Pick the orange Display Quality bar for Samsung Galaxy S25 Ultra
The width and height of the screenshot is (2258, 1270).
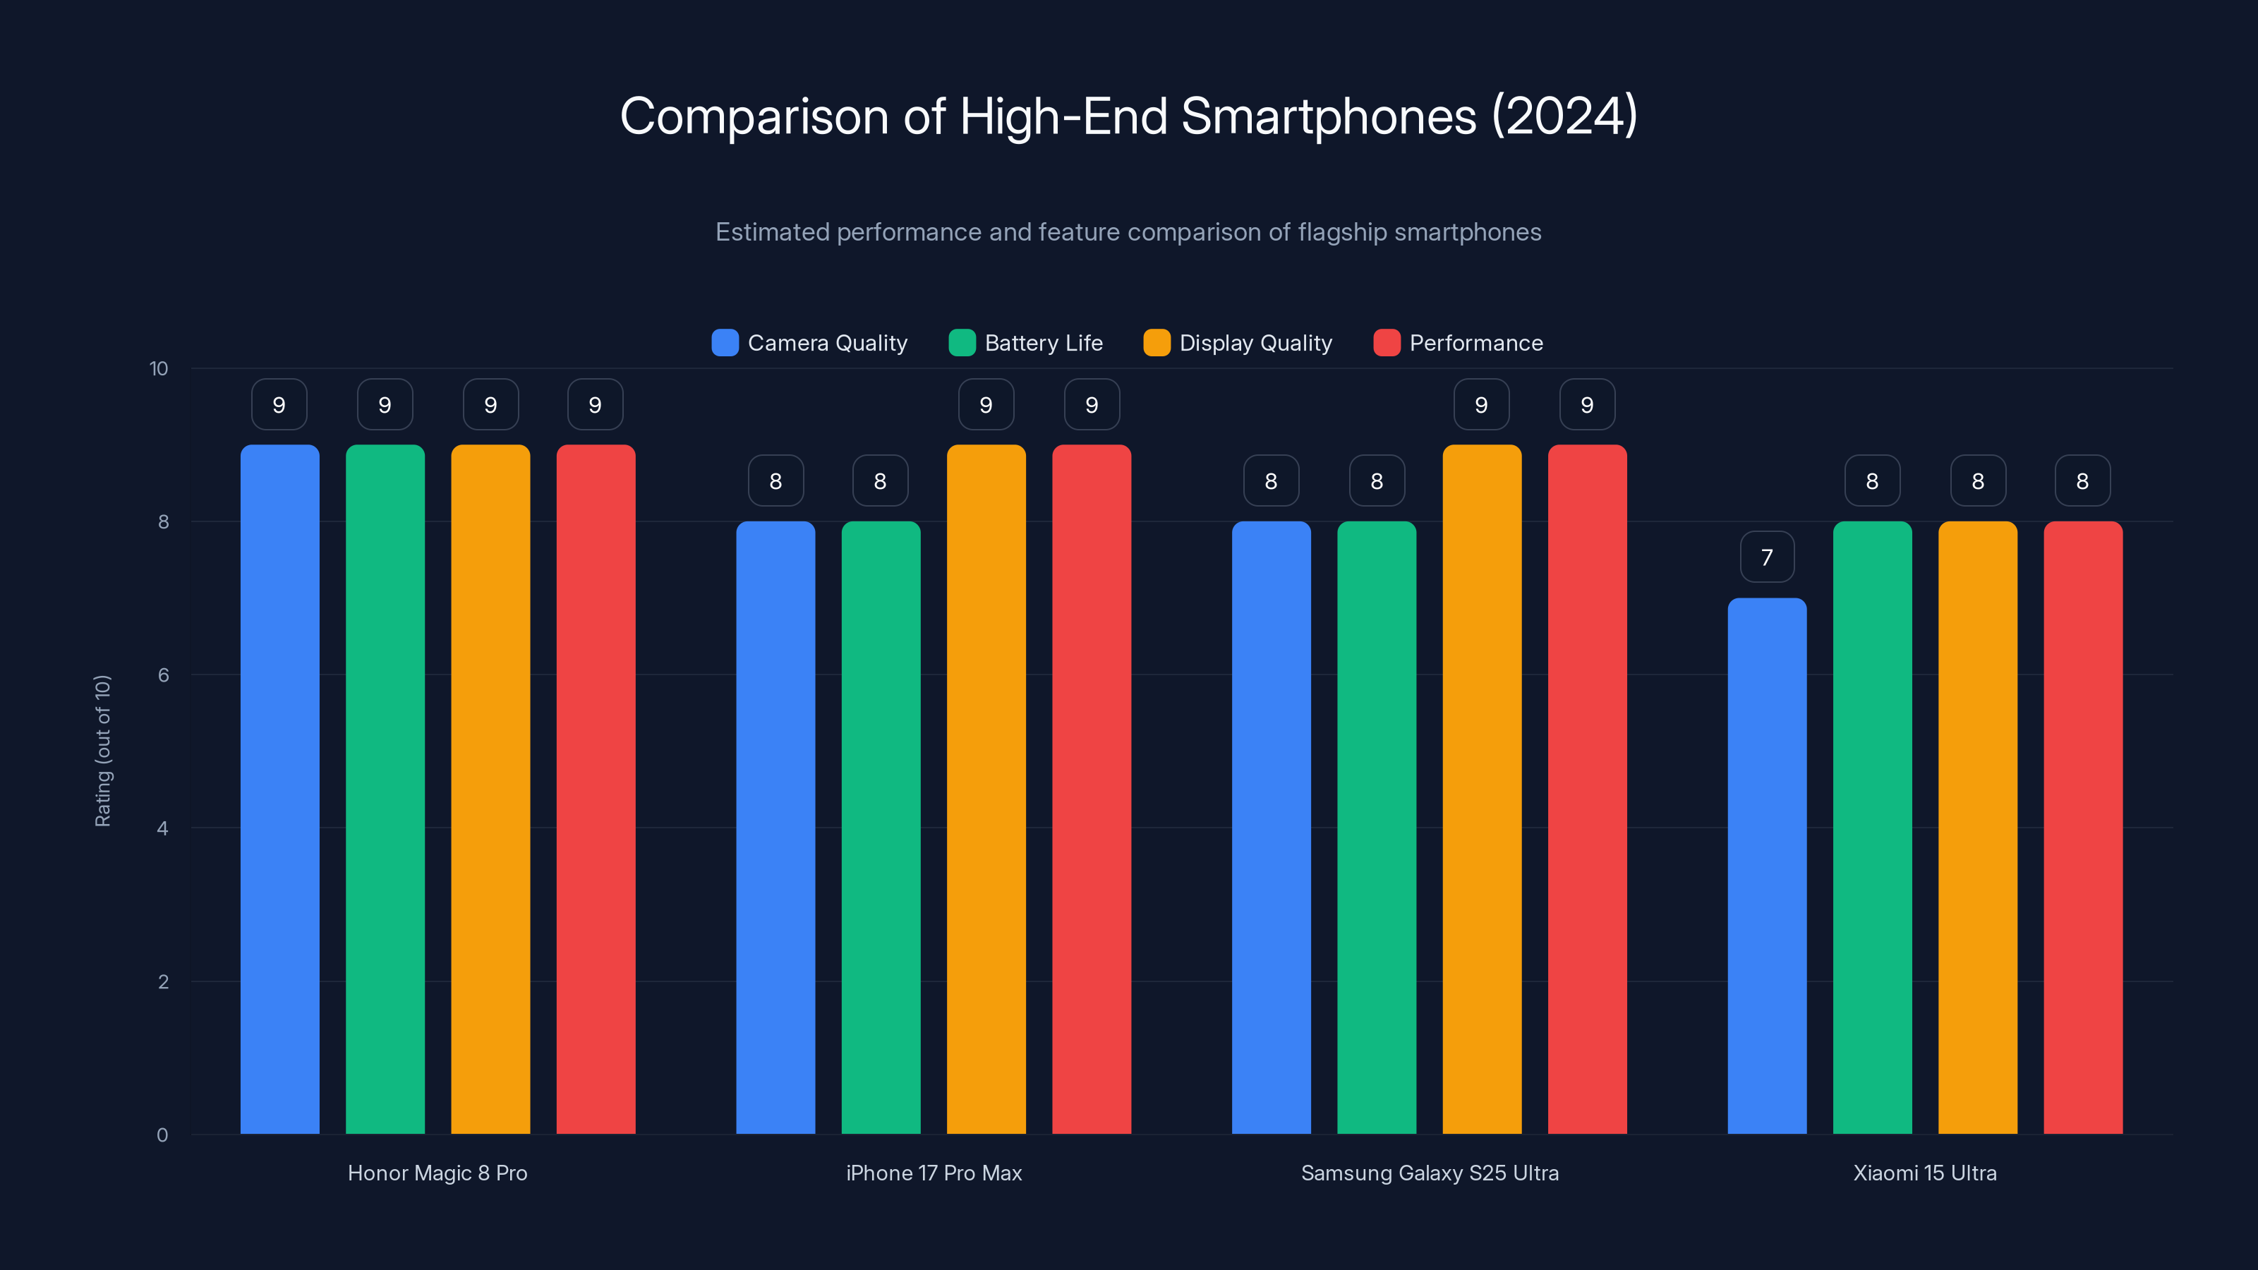[x=1481, y=789]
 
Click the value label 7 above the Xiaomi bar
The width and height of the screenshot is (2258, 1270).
[x=1766, y=557]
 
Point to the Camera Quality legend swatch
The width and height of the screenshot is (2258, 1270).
[x=725, y=343]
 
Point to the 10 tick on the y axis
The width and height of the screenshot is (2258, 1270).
[x=159, y=368]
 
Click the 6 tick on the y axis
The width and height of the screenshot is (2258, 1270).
[x=163, y=675]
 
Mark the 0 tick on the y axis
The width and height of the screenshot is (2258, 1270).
[x=162, y=1135]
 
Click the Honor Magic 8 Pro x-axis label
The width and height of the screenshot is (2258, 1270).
[x=437, y=1173]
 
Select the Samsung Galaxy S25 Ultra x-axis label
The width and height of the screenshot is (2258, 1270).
[x=1430, y=1173]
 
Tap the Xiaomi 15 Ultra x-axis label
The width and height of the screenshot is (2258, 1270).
[x=1925, y=1173]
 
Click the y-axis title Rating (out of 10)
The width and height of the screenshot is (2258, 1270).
[x=102, y=750]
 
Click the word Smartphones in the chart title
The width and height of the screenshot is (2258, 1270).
[x=1328, y=116]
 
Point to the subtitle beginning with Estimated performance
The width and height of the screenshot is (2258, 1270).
[x=1128, y=232]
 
